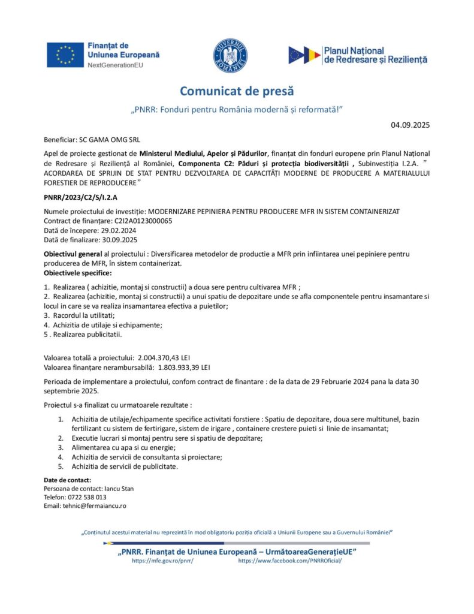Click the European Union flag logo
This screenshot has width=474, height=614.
(x=65, y=55)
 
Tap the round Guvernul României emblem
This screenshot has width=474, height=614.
(x=230, y=55)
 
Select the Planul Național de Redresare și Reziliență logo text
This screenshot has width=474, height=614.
(x=375, y=56)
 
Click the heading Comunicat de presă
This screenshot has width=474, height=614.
(x=237, y=92)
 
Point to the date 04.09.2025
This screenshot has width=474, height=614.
(x=410, y=125)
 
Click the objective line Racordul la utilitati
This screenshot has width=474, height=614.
(x=83, y=315)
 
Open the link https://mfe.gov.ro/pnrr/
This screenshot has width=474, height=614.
(x=162, y=560)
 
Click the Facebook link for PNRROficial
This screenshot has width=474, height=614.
(x=290, y=560)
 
